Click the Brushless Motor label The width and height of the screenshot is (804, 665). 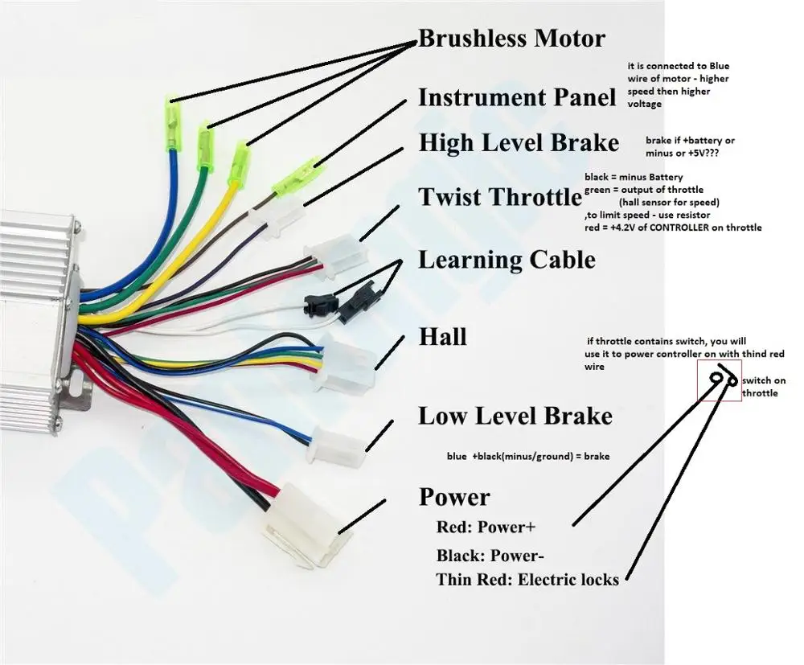point(511,38)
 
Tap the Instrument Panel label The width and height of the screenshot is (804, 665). point(516,98)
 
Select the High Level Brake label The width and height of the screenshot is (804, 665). point(519,143)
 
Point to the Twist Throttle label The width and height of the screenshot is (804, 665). point(499,196)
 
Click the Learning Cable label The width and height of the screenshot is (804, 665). point(507,260)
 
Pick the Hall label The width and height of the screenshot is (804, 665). point(442,336)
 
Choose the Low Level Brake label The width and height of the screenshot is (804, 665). point(515,416)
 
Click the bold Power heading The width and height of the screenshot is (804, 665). point(454,497)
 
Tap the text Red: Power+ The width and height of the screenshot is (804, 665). point(486,527)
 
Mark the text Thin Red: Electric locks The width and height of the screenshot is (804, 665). point(527,579)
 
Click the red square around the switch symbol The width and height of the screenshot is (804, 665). point(719,380)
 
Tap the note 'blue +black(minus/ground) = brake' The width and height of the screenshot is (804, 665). point(528,456)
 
